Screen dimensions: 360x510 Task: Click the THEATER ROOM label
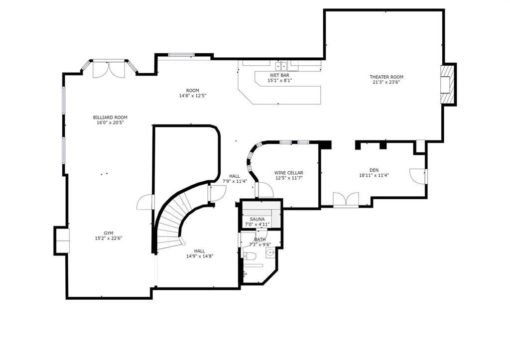pos(386,77)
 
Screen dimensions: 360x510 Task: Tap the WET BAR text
pos(279,75)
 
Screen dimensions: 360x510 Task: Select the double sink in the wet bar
pos(281,65)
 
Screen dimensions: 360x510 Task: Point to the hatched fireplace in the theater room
pos(447,85)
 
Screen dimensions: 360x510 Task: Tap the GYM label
pos(108,233)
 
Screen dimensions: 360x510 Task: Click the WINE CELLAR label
pos(288,173)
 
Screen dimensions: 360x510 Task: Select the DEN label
pos(374,170)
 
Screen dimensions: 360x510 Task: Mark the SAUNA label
pos(257,219)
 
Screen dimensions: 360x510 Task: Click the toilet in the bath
pos(250,256)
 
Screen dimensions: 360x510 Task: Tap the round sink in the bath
pos(270,252)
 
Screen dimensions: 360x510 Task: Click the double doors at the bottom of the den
pos(346,200)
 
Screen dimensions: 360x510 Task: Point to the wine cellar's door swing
pos(264,190)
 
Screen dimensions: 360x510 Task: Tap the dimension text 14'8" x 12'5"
pos(192,96)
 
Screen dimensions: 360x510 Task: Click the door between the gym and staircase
pos(145,202)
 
